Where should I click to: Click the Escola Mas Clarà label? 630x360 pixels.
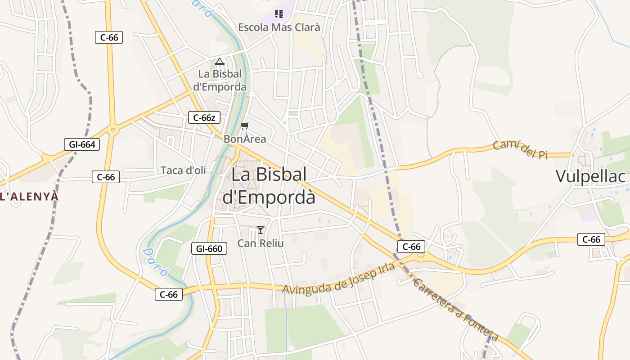pos(279,27)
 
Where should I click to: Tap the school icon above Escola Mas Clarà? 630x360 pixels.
pos(279,14)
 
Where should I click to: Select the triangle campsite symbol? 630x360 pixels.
pos(220,61)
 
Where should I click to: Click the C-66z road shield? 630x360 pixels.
pos(204,118)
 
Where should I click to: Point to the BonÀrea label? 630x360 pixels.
pos(245,139)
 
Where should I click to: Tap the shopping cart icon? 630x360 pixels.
pos(245,126)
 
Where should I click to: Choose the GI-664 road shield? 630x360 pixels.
pos(82,144)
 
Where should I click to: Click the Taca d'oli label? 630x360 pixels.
pos(183,170)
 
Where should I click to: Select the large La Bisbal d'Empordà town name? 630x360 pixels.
pos(269,186)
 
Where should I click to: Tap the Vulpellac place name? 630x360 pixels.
pos(590,176)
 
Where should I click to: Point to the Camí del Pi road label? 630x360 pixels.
pos(520,149)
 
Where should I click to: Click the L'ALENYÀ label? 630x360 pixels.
pos(29,197)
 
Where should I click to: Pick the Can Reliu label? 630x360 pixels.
pos(261,243)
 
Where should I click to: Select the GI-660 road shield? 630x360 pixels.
pos(209,248)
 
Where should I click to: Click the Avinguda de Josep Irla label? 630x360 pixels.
pos(338,279)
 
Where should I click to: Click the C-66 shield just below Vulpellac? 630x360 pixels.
pos(591,239)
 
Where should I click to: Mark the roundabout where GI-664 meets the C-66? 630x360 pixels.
pos(112,130)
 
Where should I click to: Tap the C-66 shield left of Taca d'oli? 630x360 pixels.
pos(106,177)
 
